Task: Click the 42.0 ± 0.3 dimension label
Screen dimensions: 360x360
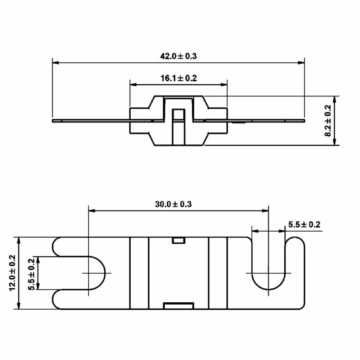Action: point(179,56)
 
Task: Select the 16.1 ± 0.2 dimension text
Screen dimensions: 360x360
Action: point(179,78)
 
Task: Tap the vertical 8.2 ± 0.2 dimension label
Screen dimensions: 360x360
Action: point(328,121)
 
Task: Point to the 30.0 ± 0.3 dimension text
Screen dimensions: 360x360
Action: point(174,204)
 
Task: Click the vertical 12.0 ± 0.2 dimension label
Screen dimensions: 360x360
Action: point(12,273)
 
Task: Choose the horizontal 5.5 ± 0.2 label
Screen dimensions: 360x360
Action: point(304,225)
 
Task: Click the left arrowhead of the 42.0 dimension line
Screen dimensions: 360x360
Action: point(55,62)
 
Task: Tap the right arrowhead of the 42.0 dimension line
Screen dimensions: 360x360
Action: point(301,62)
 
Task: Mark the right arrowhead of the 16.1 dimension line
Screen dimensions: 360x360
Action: point(224,85)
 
